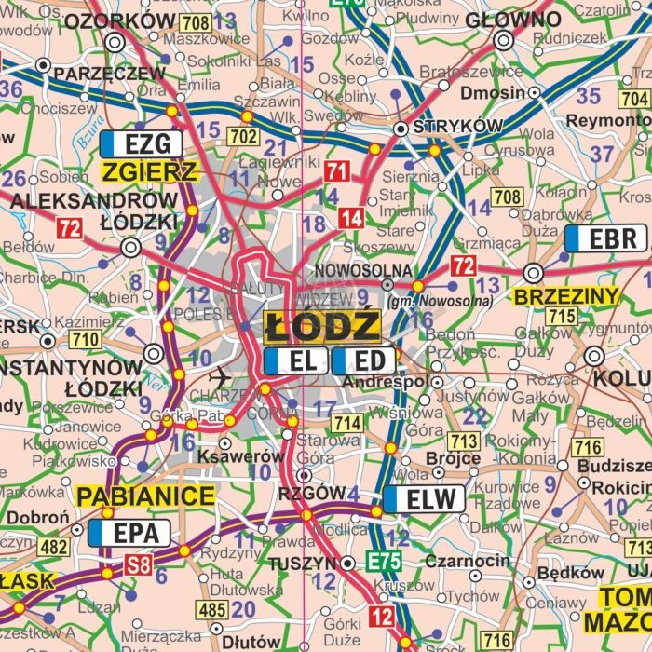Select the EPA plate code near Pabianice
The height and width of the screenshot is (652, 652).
coord(129,533)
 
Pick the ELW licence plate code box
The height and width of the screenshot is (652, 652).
coord(423,499)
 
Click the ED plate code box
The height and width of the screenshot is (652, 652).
coord(363,360)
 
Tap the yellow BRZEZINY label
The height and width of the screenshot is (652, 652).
coord(566,296)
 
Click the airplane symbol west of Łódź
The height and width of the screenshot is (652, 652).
coord(220,377)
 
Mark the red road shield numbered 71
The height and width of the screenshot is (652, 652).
coord(336,170)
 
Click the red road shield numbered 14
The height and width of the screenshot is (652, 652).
coord(350,219)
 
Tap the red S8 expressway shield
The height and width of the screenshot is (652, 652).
coord(139,563)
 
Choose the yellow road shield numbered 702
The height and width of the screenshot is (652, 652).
coord(243,137)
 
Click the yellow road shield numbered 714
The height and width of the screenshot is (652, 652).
coord(347,423)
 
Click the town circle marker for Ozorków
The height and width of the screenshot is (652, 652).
coord(115,42)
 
